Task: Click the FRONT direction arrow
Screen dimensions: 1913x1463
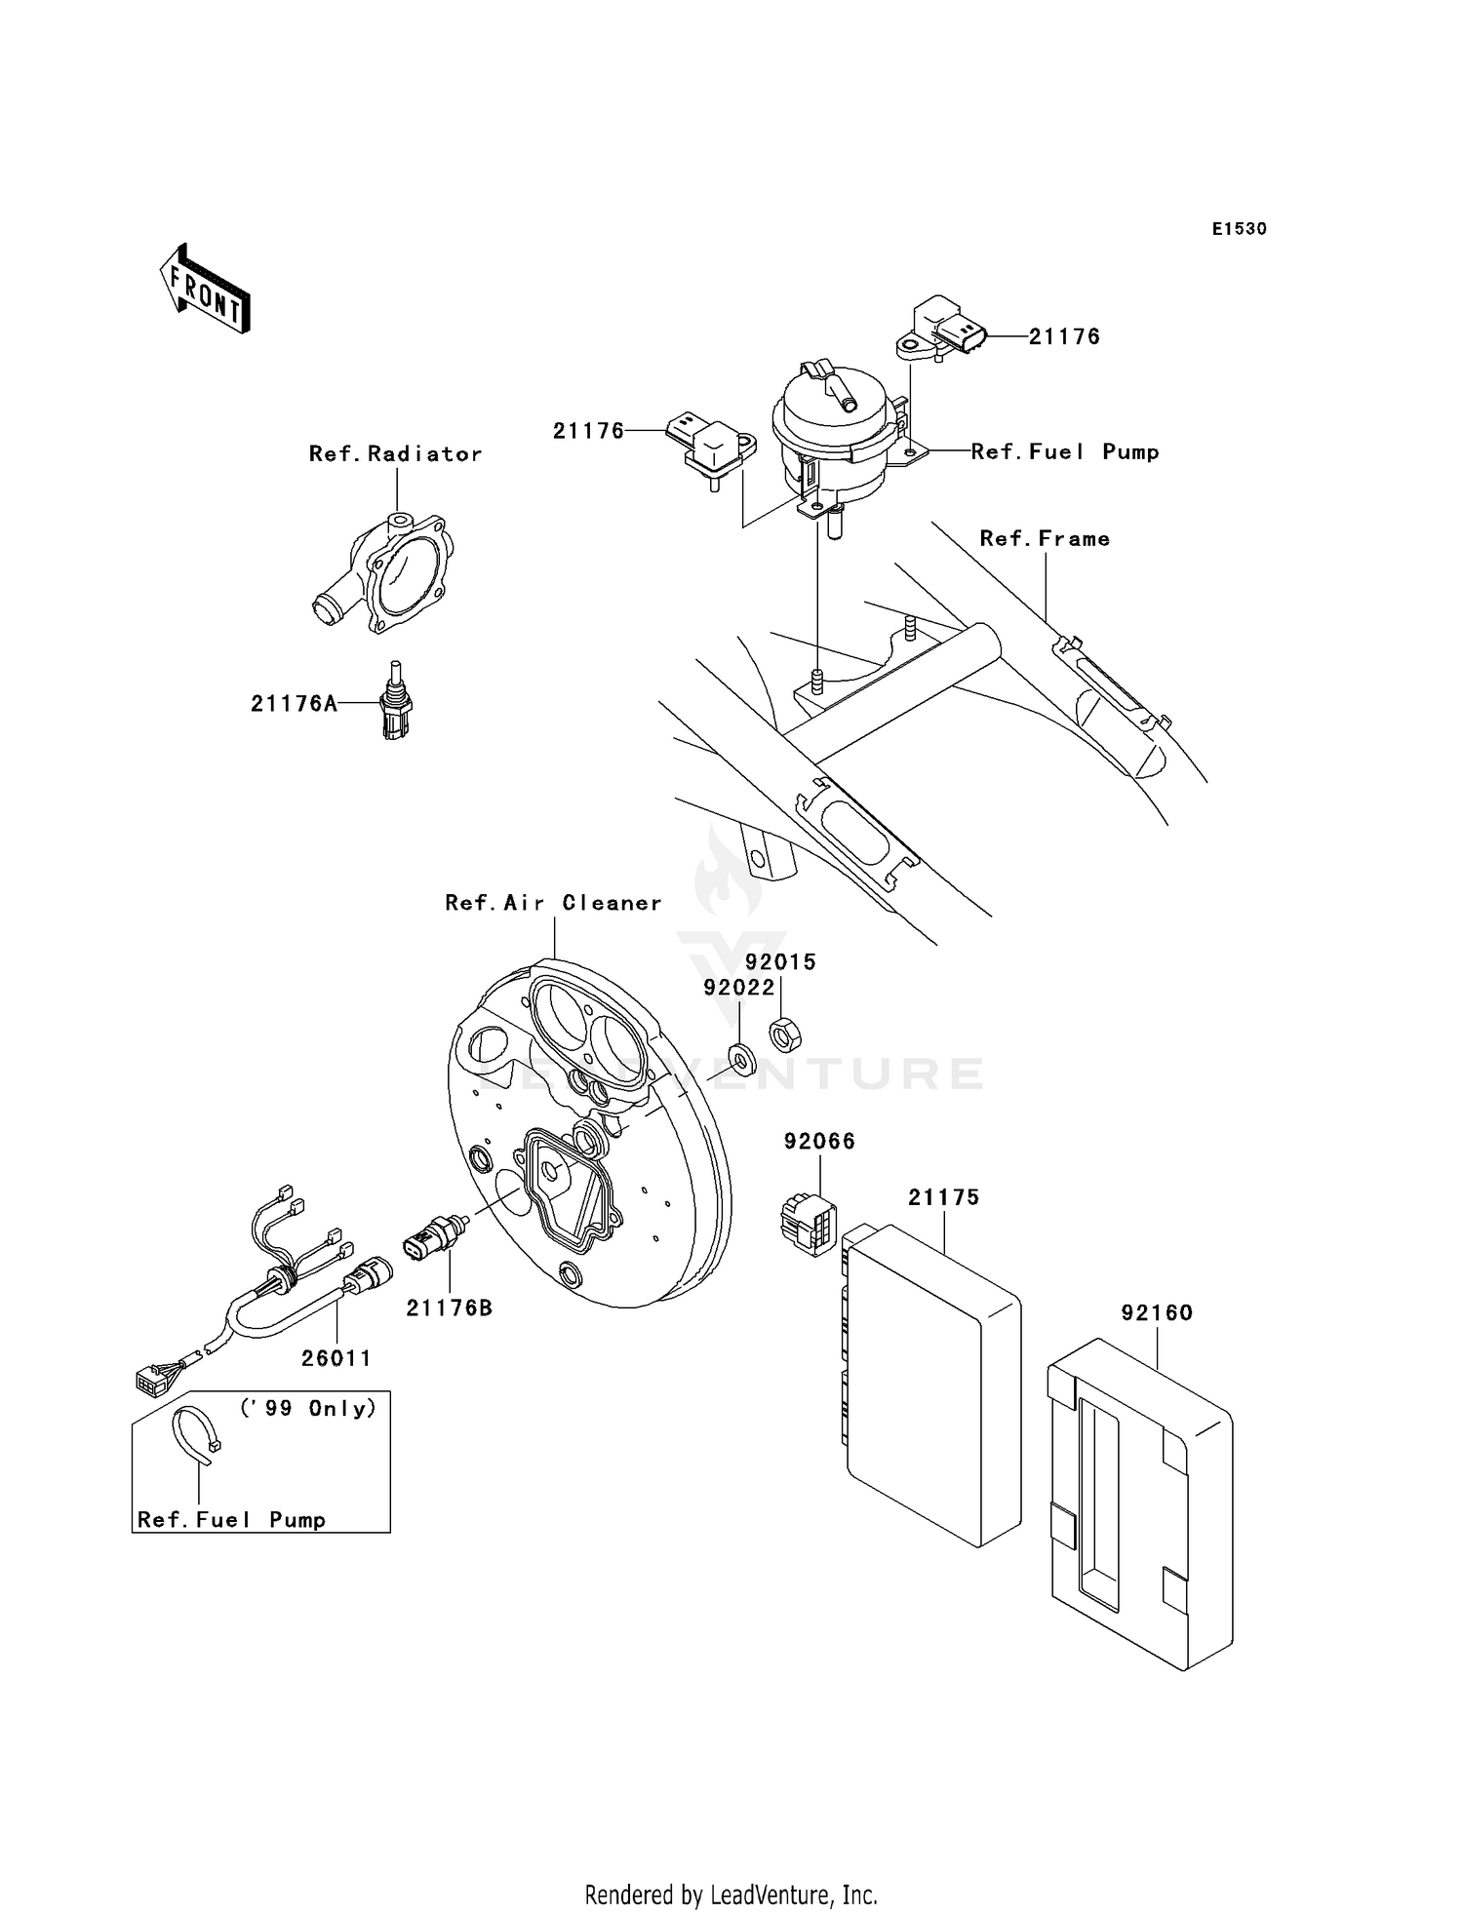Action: point(206,290)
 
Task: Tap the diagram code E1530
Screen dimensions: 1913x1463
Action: point(1239,229)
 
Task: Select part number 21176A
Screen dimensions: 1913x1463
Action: point(294,703)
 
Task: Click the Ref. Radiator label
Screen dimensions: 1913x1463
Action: point(395,454)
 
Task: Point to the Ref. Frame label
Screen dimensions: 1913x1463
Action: point(1045,539)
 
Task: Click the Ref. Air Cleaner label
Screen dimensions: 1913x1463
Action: point(553,903)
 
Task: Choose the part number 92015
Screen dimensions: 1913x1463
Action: point(780,962)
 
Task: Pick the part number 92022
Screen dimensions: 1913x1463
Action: point(739,988)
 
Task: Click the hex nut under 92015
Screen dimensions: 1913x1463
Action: point(781,1033)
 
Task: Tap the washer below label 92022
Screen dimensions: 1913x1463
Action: point(742,1057)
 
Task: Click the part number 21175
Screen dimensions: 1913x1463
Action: point(943,1197)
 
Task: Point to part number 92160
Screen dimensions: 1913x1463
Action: point(1157,1313)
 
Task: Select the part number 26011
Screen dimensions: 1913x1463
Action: point(336,1358)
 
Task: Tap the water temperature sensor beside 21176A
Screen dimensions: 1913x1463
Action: point(396,701)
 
